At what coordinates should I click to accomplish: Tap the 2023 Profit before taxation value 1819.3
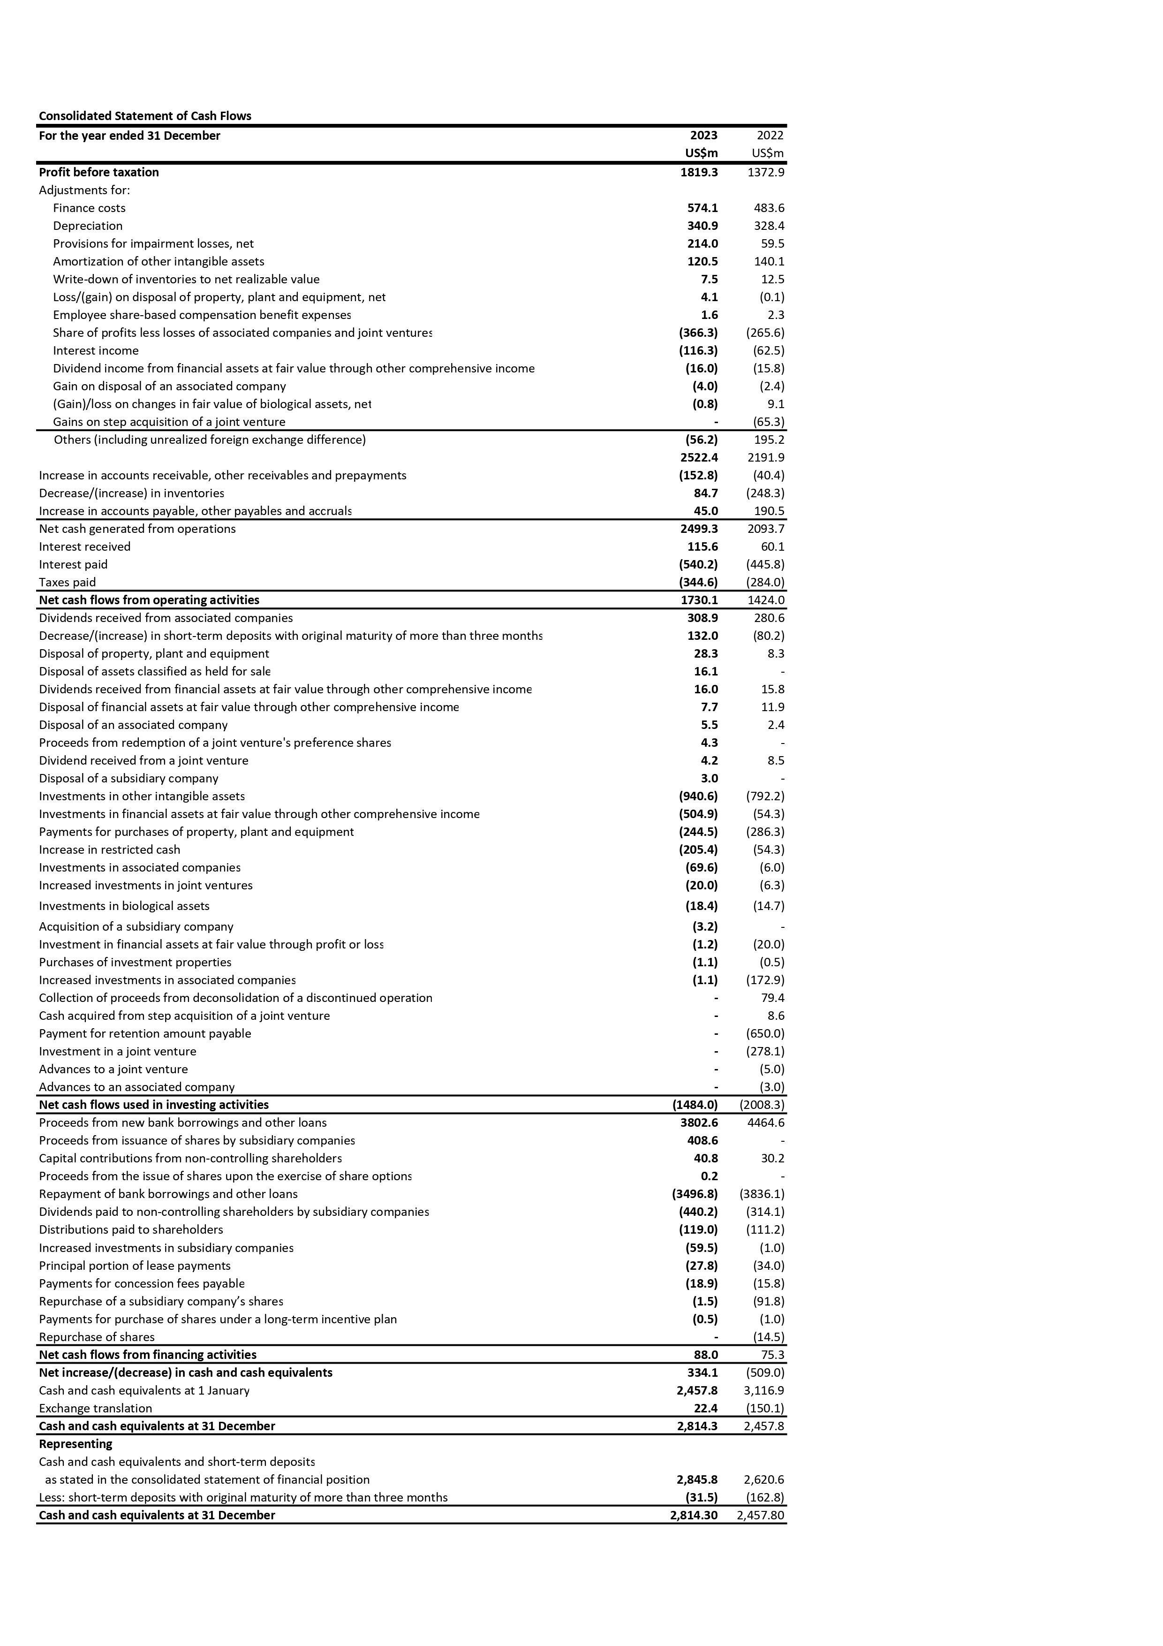coord(699,172)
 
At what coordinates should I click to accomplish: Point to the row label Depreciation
coord(87,226)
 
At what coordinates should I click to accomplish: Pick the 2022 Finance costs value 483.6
coord(769,208)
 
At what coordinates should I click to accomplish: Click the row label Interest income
coord(95,350)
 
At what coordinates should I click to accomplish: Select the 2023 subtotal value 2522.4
coord(699,457)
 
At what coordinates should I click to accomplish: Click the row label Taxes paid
coord(68,582)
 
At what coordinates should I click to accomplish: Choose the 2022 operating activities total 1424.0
coord(766,600)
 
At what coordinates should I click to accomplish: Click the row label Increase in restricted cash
coord(110,850)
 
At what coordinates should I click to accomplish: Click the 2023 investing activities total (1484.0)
coord(694,1105)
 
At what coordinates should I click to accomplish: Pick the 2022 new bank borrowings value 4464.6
coord(766,1123)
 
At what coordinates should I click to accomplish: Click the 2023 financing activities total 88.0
coord(704,1355)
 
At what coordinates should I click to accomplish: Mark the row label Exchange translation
coord(95,1408)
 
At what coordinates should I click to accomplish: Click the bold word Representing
coord(75,1444)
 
